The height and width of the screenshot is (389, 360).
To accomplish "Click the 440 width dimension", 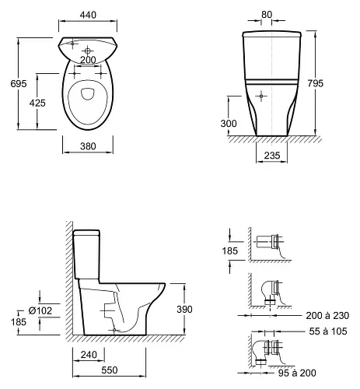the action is pyautogui.click(x=88, y=15).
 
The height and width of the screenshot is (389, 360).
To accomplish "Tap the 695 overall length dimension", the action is pyautogui.click(x=19, y=83).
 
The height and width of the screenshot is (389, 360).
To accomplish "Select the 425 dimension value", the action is pyautogui.click(x=37, y=103).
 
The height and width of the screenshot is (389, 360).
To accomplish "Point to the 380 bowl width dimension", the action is pyautogui.click(x=88, y=146).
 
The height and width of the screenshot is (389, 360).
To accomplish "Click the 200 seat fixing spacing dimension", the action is pyautogui.click(x=88, y=60).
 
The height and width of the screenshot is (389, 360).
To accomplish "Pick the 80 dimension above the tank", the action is pyautogui.click(x=267, y=15).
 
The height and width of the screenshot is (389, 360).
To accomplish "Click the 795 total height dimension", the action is pyautogui.click(x=316, y=83).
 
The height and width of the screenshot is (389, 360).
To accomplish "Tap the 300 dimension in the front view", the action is pyautogui.click(x=229, y=124).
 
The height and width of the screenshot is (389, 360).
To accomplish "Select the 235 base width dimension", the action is pyautogui.click(x=272, y=156).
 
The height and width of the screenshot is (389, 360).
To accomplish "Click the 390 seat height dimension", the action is pyautogui.click(x=184, y=309).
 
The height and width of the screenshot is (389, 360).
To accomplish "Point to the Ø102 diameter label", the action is pyautogui.click(x=40, y=310).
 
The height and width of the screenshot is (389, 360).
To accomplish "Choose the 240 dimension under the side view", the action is pyautogui.click(x=89, y=355).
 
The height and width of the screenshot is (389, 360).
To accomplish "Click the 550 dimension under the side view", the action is pyautogui.click(x=110, y=370).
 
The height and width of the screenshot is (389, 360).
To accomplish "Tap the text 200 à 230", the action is pyautogui.click(x=327, y=316).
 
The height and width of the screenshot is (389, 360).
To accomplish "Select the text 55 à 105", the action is pyautogui.click(x=328, y=331).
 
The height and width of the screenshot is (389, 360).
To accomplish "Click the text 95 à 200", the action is pyautogui.click(x=297, y=373).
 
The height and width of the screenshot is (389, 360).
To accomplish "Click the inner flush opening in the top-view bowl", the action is pyautogui.click(x=88, y=93).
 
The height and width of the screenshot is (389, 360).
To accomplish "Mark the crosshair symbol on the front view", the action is pyautogui.click(x=261, y=96).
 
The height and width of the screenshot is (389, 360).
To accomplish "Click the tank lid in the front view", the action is pyautogui.click(x=272, y=34).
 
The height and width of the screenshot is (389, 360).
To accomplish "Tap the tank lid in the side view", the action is pyautogui.click(x=86, y=233).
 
